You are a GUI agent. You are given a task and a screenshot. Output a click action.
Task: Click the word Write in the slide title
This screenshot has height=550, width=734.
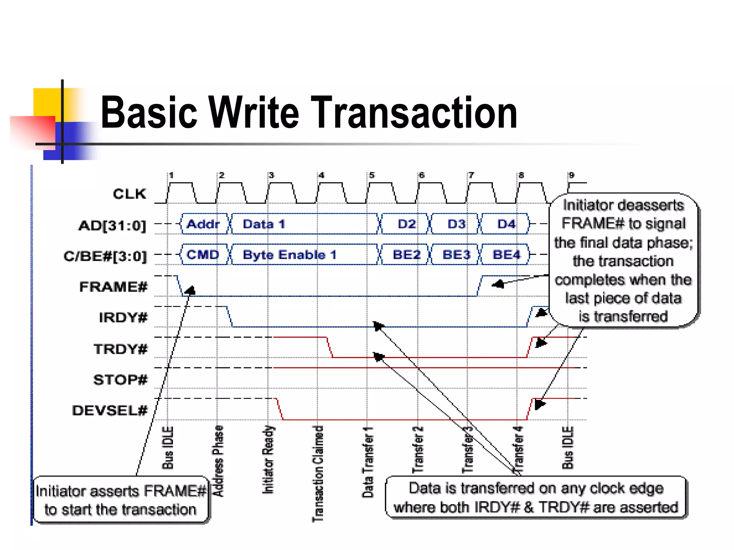pos(253,112)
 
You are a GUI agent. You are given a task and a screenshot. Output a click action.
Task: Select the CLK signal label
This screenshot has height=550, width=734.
pos(129,194)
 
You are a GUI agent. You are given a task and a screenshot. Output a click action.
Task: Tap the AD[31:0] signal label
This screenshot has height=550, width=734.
pos(112,226)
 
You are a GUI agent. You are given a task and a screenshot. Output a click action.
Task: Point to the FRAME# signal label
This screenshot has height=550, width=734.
pos(113,287)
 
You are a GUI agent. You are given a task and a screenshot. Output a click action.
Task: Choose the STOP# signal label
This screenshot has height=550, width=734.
pos(120,380)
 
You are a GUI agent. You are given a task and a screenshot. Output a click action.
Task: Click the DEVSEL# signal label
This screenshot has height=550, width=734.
pos(110,410)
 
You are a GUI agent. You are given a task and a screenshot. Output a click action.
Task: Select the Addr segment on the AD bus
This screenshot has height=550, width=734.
pos(203,224)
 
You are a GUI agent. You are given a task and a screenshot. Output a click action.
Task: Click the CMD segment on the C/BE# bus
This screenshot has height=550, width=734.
pos(203,255)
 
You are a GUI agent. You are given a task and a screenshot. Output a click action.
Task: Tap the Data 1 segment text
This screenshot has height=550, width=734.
pos(264,224)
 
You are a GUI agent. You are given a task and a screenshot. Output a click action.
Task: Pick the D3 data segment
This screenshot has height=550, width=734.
pos(456,224)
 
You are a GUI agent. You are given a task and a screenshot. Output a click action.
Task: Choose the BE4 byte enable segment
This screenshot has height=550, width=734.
pos(506,255)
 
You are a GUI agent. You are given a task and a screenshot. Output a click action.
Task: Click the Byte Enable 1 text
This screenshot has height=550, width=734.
pos(290,255)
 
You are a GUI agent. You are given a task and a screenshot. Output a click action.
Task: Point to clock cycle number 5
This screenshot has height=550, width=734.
pos(372,175)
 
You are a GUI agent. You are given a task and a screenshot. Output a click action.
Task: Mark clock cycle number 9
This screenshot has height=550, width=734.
pos(571,175)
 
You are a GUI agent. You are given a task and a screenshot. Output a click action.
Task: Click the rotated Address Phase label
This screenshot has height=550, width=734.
pos(218,461)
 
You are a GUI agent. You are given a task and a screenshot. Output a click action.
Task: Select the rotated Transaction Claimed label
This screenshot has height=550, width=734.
pos(318,473)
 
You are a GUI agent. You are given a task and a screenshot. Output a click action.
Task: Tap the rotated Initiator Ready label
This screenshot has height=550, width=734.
pos(268,460)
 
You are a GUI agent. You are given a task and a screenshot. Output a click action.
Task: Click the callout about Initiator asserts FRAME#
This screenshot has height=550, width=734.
pos(121,500)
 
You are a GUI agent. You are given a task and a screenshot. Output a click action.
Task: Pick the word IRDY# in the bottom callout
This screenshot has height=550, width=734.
pos(497,507)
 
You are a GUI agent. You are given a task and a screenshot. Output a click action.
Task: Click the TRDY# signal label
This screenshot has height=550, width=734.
pos(120,349)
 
